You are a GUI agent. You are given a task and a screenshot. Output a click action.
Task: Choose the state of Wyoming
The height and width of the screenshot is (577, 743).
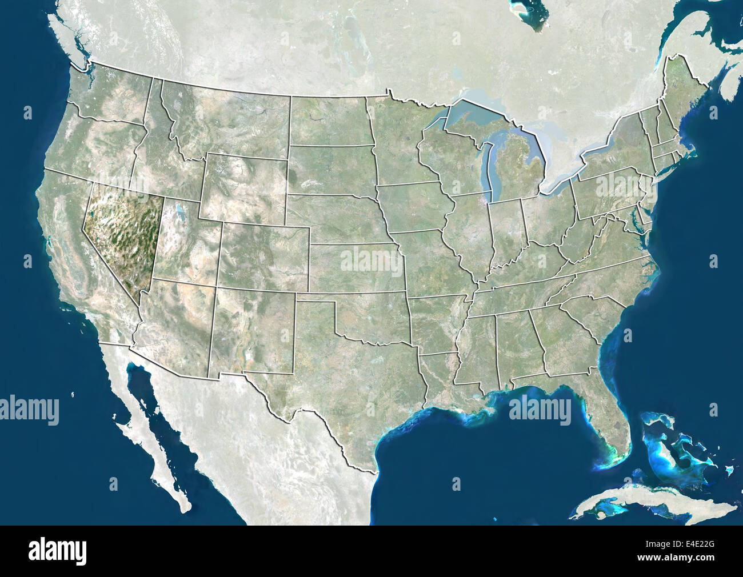click(243, 186)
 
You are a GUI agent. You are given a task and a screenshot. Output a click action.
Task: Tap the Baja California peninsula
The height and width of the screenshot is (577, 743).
click(151, 434)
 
